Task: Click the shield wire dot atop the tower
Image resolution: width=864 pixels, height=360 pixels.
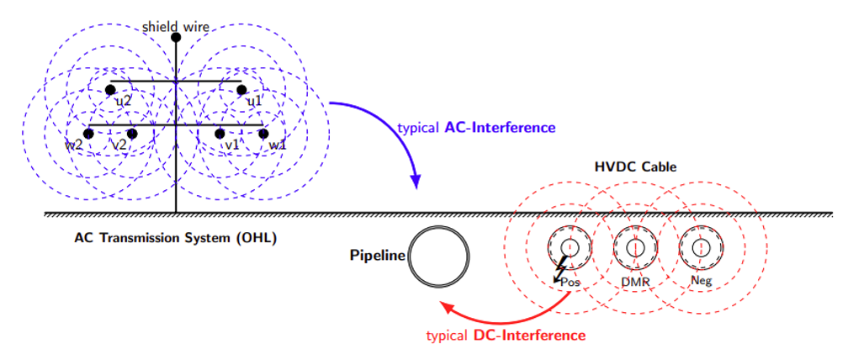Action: coord(176,38)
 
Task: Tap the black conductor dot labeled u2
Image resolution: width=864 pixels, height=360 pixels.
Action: coord(110,90)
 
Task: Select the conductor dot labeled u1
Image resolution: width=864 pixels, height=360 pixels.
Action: coord(241,90)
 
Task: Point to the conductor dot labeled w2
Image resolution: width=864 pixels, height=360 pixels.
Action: coord(88,134)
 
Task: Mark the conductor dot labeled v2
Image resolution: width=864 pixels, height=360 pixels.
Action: coord(132,134)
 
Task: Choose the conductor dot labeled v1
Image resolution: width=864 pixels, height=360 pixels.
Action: coord(220,134)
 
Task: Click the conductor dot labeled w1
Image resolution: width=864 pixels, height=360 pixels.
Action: coord(263,134)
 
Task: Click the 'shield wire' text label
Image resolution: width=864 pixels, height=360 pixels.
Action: coord(176,26)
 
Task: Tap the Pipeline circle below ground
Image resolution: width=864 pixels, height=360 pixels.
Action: coord(438,257)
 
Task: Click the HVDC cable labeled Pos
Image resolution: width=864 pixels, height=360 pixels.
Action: coord(569,247)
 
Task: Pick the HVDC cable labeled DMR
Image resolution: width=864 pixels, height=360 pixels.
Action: coord(634,247)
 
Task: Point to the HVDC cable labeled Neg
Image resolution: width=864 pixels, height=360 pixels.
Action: coord(700,247)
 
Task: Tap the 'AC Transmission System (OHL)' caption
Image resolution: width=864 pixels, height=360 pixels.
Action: coord(175,238)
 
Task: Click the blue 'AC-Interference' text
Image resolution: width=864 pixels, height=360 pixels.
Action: coord(500,128)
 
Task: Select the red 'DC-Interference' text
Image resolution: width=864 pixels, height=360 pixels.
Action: coord(528,336)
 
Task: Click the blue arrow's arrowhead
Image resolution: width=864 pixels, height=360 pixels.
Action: coord(416,183)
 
